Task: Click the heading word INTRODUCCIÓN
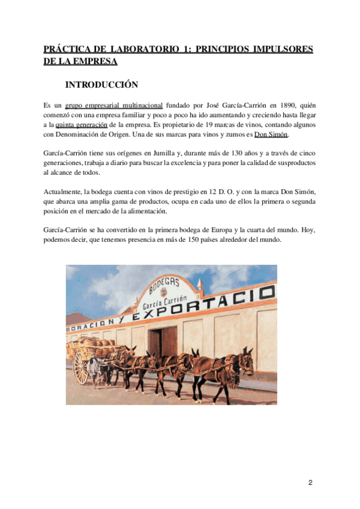pyautogui.click(x=101, y=85)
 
